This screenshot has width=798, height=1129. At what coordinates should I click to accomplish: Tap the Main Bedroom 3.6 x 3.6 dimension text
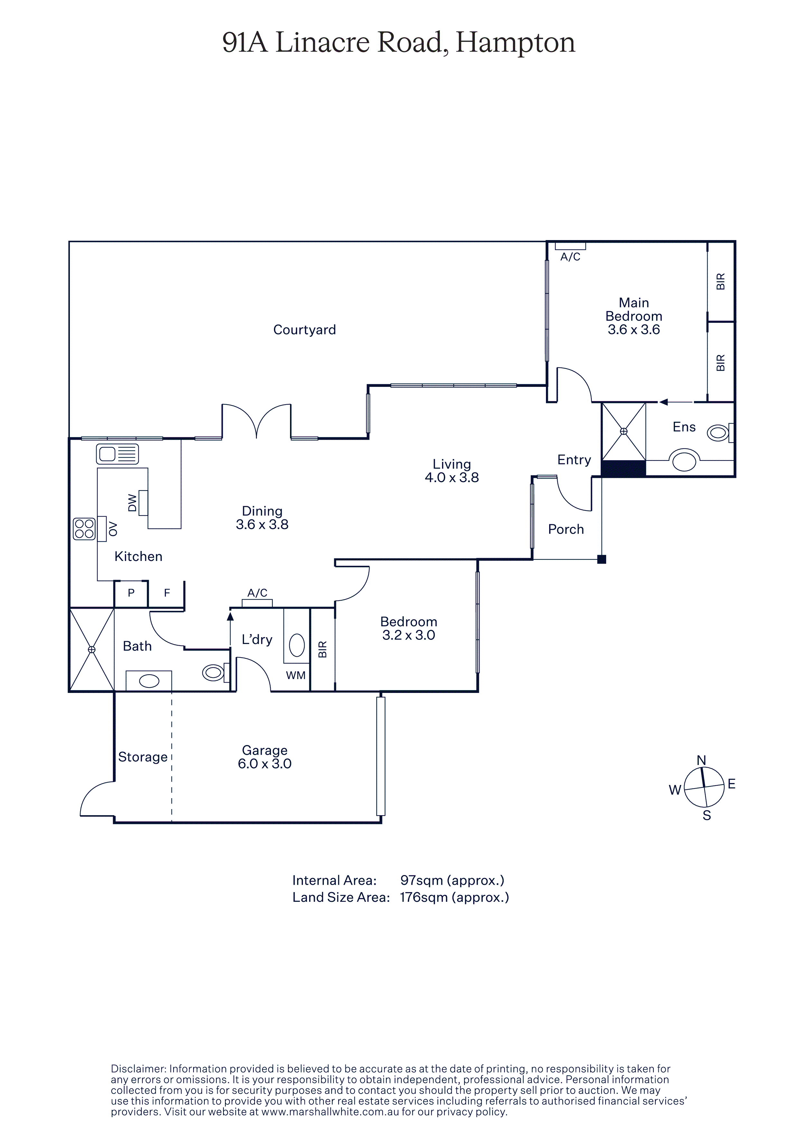coord(634,330)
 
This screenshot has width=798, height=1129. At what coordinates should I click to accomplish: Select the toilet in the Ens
coord(720,433)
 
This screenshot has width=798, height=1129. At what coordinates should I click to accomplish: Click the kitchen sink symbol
coord(117,454)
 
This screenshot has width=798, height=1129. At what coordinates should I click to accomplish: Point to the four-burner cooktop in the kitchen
coord(84,529)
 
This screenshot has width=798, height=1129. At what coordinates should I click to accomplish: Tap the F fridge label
coord(167,593)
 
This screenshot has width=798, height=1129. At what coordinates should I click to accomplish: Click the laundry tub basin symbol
coord(297,645)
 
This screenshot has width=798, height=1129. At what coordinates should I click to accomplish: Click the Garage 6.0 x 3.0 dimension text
coord(265,764)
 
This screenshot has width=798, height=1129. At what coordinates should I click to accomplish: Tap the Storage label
coord(143,757)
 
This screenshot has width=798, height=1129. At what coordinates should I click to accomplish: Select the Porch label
coord(566,530)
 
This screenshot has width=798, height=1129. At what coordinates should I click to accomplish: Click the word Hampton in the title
coord(515,43)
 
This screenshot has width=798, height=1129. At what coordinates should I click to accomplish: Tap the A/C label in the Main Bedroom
coord(570,257)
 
